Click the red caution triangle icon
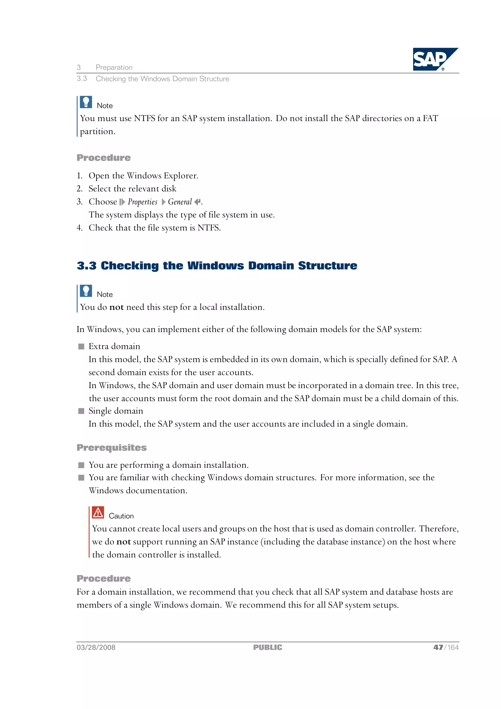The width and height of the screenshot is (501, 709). [98, 513]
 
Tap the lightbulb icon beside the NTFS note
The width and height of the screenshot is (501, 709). [86, 102]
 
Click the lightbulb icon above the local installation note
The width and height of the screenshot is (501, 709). [86, 291]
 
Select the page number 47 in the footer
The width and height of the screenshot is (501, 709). [438, 647]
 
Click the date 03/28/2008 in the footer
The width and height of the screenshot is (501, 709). [96, 647]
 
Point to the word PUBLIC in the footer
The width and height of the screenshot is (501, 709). [267, 647]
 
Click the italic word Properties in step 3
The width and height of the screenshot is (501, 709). [143, 202]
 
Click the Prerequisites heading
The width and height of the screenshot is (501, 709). [112, 447]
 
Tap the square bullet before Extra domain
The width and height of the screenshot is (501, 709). [81, 347]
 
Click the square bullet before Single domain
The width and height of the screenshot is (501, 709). [81, 411]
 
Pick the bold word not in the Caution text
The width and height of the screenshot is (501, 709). [124, 542]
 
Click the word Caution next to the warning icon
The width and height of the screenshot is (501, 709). [121, 516]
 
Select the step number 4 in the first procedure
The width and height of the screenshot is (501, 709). [79, 228]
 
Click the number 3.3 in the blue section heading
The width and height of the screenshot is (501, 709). [86, 266]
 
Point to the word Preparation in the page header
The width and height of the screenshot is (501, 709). [114, 67]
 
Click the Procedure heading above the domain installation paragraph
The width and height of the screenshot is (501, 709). [103, 578]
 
